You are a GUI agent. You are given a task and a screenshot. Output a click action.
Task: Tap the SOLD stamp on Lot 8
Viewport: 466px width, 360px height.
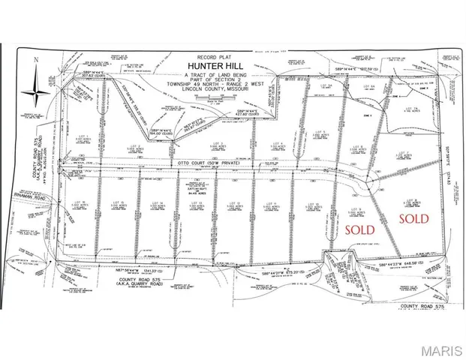click(413, 218)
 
